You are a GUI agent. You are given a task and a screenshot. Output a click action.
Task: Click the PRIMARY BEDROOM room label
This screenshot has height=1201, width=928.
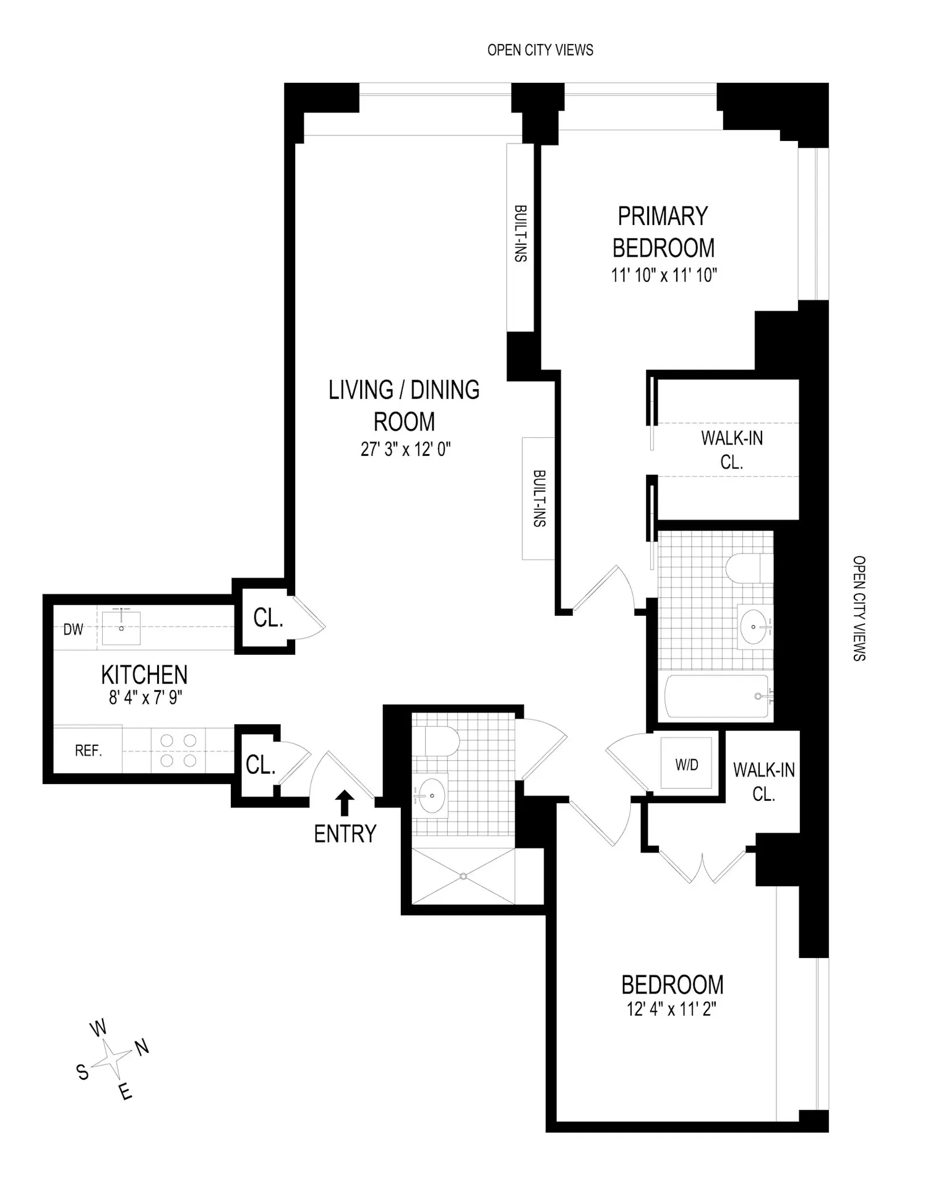[663, 232]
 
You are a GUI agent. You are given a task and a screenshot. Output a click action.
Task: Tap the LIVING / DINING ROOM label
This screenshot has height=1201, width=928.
[404, 406]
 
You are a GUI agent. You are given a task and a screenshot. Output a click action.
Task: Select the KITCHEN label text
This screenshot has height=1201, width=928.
[144, 674]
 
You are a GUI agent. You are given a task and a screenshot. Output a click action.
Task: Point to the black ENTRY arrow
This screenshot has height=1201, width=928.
[345, 803]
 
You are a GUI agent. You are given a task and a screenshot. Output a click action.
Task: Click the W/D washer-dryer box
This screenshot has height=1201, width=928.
[687, 764]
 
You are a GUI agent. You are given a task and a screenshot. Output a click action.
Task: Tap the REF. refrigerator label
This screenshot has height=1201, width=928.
[88, 751]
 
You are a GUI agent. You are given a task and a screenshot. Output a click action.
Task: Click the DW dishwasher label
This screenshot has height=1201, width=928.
[73, 630]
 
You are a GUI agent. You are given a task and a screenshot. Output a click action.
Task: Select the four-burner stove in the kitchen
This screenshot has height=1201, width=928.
[178, 750]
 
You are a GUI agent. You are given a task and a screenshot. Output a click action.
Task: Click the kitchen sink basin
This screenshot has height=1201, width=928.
[121, 628]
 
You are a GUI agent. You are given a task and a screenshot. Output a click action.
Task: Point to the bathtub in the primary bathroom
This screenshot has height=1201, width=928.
[718, 696]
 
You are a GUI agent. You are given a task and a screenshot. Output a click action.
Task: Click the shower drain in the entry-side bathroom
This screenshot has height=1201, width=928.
[463, 875]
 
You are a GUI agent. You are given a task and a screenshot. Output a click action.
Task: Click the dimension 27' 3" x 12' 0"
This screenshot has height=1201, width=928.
[405, 449]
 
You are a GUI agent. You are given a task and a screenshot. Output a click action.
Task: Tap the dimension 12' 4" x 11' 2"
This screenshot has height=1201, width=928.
[671, 1009]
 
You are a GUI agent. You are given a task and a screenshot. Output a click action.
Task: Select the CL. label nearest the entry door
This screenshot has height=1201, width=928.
[260, 765]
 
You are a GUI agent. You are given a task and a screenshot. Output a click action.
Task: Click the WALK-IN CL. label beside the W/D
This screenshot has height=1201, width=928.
[764, 782]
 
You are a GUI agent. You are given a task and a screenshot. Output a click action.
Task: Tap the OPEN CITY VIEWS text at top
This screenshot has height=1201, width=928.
[540, 50]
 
